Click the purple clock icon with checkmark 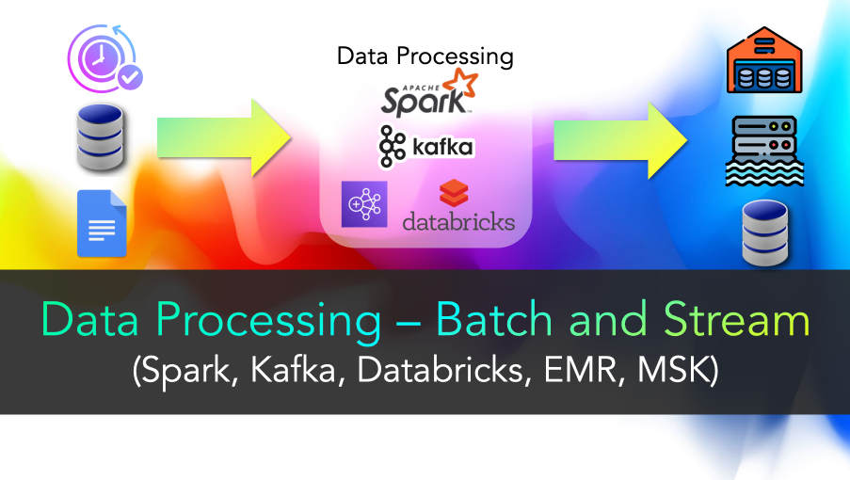click(x=104, y=58)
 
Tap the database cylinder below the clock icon click(x=101, y=137)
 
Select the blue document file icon click(x=102, y=223)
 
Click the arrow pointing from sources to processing click(x=224, y=137)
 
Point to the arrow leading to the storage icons click(x=620, y=140)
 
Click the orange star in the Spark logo click(x=461, y=82)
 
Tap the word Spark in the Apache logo click(x=423, y=102)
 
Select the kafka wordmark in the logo click(x=442, y=147)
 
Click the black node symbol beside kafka click(x=392, y=146)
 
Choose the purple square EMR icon click(x=364, y=204)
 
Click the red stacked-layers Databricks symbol click(x=454, y=193)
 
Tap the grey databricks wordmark click(x=458, y=221)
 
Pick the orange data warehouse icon click(x=764, y=59)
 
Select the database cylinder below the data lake click(x=765, y=233)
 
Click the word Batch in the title click(x=494, y=320)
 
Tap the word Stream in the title click(x=737, y=320)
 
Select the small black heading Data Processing click(x=425, y=56)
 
